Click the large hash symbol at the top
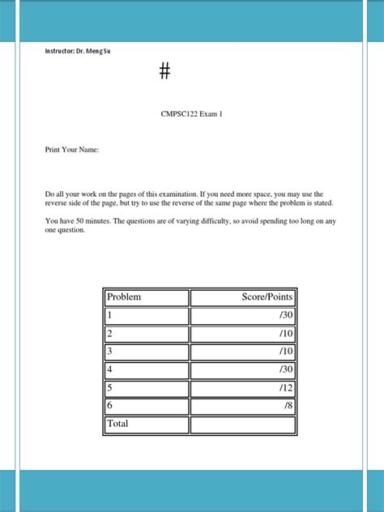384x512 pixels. point(165,71)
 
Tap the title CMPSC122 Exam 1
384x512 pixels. point(191,114)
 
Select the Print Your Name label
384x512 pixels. point(71,150)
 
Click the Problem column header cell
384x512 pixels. point(146,297)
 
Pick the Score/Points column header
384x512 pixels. point(243,297)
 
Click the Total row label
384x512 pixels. point(146,424)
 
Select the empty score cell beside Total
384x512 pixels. point(243,425)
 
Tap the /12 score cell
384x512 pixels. point(243,388)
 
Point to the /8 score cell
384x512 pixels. point(243,406)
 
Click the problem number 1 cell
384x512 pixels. point(146,316)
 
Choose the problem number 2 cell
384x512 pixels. point(146,334)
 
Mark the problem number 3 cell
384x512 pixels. point(146,352)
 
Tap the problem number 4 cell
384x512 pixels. point(146,370)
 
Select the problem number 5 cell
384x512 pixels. point(146,388)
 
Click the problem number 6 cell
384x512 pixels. point(146,406)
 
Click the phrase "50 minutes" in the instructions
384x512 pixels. point(93,220)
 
